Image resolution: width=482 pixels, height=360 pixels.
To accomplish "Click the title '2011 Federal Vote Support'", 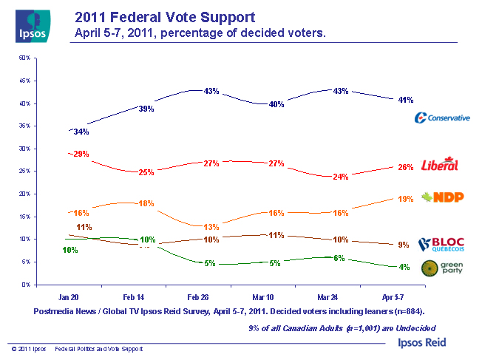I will click(x=166, y=16).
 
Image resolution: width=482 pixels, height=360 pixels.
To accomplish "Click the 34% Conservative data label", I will click(x=81, y=132).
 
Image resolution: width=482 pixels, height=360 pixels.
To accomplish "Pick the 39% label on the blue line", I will click(x=146, y=109).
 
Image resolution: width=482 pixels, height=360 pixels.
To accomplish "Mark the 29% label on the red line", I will click(x=81, y=154).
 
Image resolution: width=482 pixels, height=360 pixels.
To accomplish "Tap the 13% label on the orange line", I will click(x=211, y=227).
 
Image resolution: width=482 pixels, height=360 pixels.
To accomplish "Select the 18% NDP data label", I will click(x=146, y=203).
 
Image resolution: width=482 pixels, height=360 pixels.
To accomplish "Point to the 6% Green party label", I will click(x=339, y=258).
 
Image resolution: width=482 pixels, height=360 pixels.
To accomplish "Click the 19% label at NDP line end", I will click(x=405, y=199).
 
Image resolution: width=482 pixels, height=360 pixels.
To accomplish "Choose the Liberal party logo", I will click(x=439, y=165).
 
